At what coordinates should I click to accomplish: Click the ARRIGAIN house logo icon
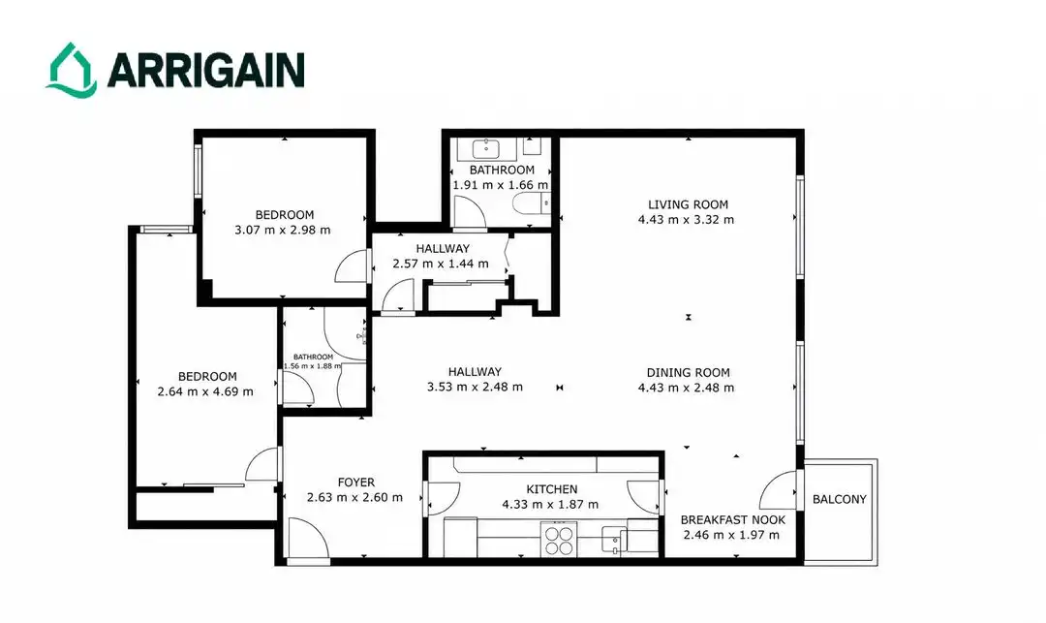tap(71, 69)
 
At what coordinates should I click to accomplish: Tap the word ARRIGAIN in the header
tap(205, 70)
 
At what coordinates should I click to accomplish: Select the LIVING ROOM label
tap(688, 204)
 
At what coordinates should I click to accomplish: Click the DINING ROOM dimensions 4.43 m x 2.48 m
tap(686, 388)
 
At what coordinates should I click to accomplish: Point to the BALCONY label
tap(839, 499)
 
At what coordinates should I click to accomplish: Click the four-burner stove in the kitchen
tap(559, 541)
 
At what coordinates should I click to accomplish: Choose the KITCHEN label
tap(552, 489)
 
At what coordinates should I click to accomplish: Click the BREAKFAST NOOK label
tap(732, 519)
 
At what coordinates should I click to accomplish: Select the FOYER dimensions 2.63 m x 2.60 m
tap(354, 497)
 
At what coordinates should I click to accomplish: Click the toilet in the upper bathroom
tap(531, 202)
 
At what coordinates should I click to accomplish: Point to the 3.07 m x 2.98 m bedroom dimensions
tap(282, 231)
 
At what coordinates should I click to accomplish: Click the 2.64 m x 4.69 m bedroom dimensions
tap(204, 391)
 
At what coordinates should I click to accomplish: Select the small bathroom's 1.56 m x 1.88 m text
tap(312, 365)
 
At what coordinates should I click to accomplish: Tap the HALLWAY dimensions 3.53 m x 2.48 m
tap(475, 387)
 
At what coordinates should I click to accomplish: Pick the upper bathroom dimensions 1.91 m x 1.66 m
tap(501, 185)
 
